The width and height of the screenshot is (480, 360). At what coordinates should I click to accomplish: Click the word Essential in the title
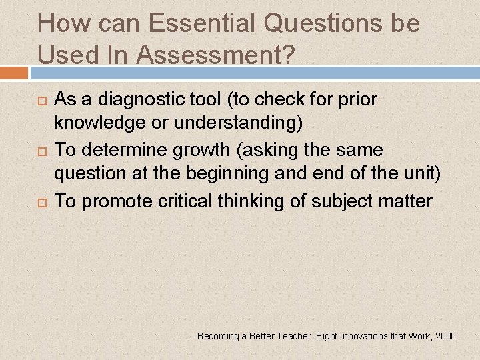click(x=202, y=24)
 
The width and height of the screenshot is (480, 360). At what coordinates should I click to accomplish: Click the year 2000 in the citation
click(x=445, y=336)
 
